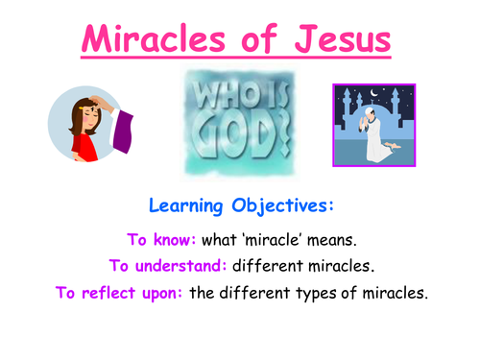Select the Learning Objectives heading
[x=240, y=205]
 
